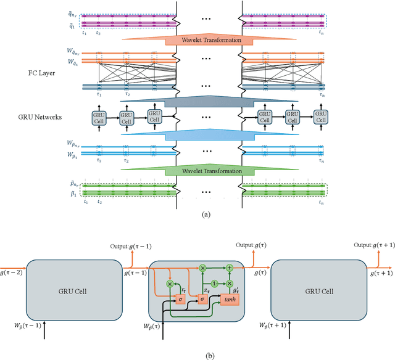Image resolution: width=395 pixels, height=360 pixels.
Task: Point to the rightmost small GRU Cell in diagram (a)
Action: coord(320,117)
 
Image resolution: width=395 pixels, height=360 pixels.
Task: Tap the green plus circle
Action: coord(230,268)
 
